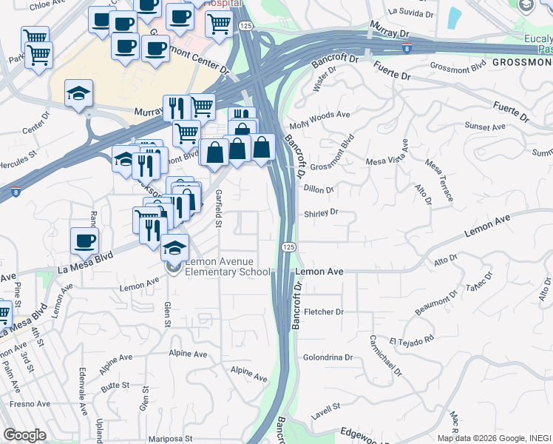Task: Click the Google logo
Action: coord(24,435)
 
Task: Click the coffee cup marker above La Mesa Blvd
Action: coord(84,240)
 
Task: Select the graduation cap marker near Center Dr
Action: coord(78,94)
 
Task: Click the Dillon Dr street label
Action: coord(319,189)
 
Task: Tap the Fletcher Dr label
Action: coord(324,312)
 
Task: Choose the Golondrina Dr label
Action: coord(328,357)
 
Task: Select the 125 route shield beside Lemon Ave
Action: coord(288,246)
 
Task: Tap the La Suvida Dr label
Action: coord(409,12)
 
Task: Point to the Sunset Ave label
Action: coord(485,127)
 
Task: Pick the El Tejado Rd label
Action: coord(414,341)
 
